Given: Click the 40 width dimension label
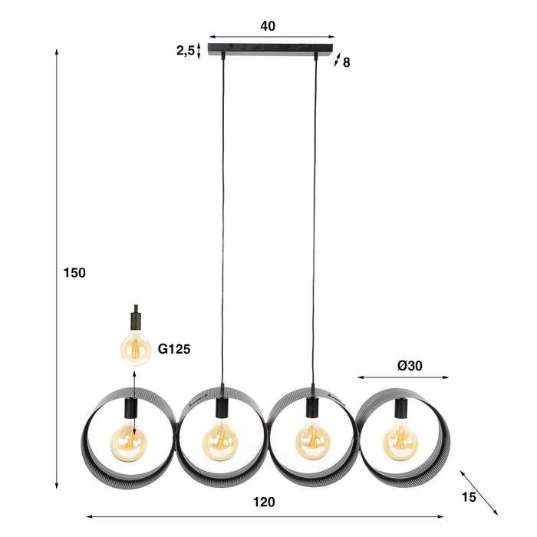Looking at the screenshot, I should coord(268,26).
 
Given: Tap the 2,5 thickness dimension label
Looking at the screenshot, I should coord(186,51).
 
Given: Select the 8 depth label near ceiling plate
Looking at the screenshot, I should coord(347,63).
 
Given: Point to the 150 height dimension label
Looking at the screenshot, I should coord(75,272).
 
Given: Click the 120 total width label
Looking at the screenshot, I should coord(263,502).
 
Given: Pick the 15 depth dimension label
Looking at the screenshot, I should coord(469,496).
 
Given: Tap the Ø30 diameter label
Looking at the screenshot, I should coord(411,366).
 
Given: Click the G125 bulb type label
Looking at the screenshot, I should coord(174,349).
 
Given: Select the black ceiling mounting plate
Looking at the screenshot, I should coord(272,51).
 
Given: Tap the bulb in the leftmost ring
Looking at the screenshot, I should coord(128,440).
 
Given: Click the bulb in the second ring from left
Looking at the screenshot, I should coord(221,441).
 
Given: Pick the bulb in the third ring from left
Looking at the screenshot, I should coord(313,441).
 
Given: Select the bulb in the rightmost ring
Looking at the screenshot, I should coord(400,440).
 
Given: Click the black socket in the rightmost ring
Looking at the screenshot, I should coord(400,408).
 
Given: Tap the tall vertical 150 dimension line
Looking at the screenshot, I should coord(58,268).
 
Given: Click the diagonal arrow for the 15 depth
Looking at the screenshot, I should coord(479,492).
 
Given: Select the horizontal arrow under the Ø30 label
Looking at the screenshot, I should coord(403,377).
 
